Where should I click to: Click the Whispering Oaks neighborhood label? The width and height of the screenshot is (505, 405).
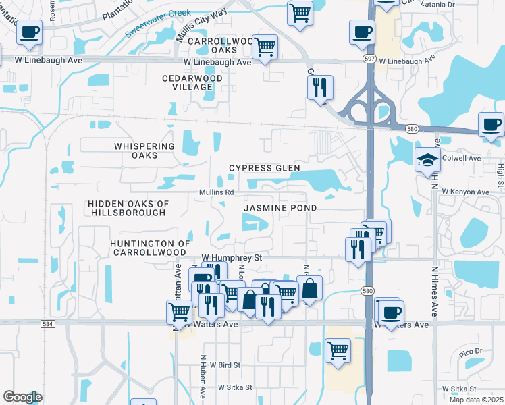[x=135, y=151]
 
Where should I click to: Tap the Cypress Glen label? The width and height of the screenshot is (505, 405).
[x=264, y=168]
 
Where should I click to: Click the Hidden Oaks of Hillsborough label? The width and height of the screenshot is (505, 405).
[x=128, y=208]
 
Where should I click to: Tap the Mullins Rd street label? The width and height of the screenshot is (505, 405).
[x=216, y=192]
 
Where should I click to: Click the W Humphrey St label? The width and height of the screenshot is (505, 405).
[x=232, y=258]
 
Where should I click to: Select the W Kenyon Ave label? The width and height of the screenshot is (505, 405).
[x=465, y=192]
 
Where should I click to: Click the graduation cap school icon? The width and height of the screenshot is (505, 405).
[x=427, y=160]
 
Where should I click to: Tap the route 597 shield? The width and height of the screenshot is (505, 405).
[x=370, y=58]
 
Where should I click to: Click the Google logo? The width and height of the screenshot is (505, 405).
[x=22, y=397]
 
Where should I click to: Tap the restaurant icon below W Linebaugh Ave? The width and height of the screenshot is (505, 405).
[x=319, y=87]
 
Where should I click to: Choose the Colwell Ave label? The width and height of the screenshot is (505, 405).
[x=461, y=159]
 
